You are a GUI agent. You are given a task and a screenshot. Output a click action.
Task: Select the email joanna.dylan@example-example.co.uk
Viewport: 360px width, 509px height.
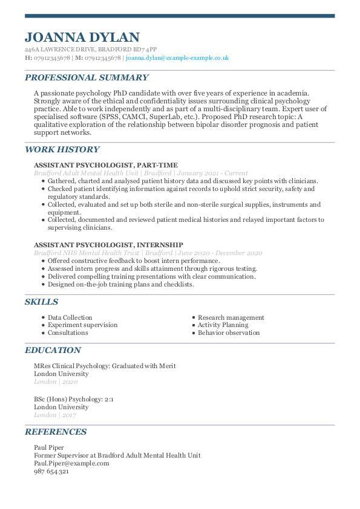[177, 58]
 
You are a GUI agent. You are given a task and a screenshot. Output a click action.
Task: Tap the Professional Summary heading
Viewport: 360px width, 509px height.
[87, 77]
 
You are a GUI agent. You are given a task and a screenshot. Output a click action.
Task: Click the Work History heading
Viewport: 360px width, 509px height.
[62, 149]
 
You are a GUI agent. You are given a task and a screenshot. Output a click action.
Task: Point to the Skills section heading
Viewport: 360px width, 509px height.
[41, 302]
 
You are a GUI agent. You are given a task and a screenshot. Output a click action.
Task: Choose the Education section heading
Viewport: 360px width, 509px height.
[53, 350]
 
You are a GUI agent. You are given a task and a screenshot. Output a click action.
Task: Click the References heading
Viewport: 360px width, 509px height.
[55, 432]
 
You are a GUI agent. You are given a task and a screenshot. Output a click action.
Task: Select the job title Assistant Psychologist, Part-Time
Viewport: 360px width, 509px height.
[105, 165]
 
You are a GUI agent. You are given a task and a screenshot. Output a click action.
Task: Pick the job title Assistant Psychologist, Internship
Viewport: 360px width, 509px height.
[106, 244]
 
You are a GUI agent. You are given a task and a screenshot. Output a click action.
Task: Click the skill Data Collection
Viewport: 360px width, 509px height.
[70, 317]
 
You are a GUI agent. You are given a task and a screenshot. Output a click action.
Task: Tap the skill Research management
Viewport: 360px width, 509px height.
[231, 317]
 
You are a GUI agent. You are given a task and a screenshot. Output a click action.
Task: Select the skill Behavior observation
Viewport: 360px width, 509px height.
[229, 332]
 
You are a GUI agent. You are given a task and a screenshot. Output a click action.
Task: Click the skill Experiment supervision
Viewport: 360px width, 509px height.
[82, 325]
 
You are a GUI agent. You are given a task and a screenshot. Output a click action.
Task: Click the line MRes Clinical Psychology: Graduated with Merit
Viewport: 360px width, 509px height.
[105, 366]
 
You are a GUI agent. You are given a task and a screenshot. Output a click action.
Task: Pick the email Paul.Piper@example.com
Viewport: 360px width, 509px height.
[71, 463]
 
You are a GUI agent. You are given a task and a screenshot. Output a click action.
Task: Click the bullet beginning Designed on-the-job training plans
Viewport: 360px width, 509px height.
[120, 284]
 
